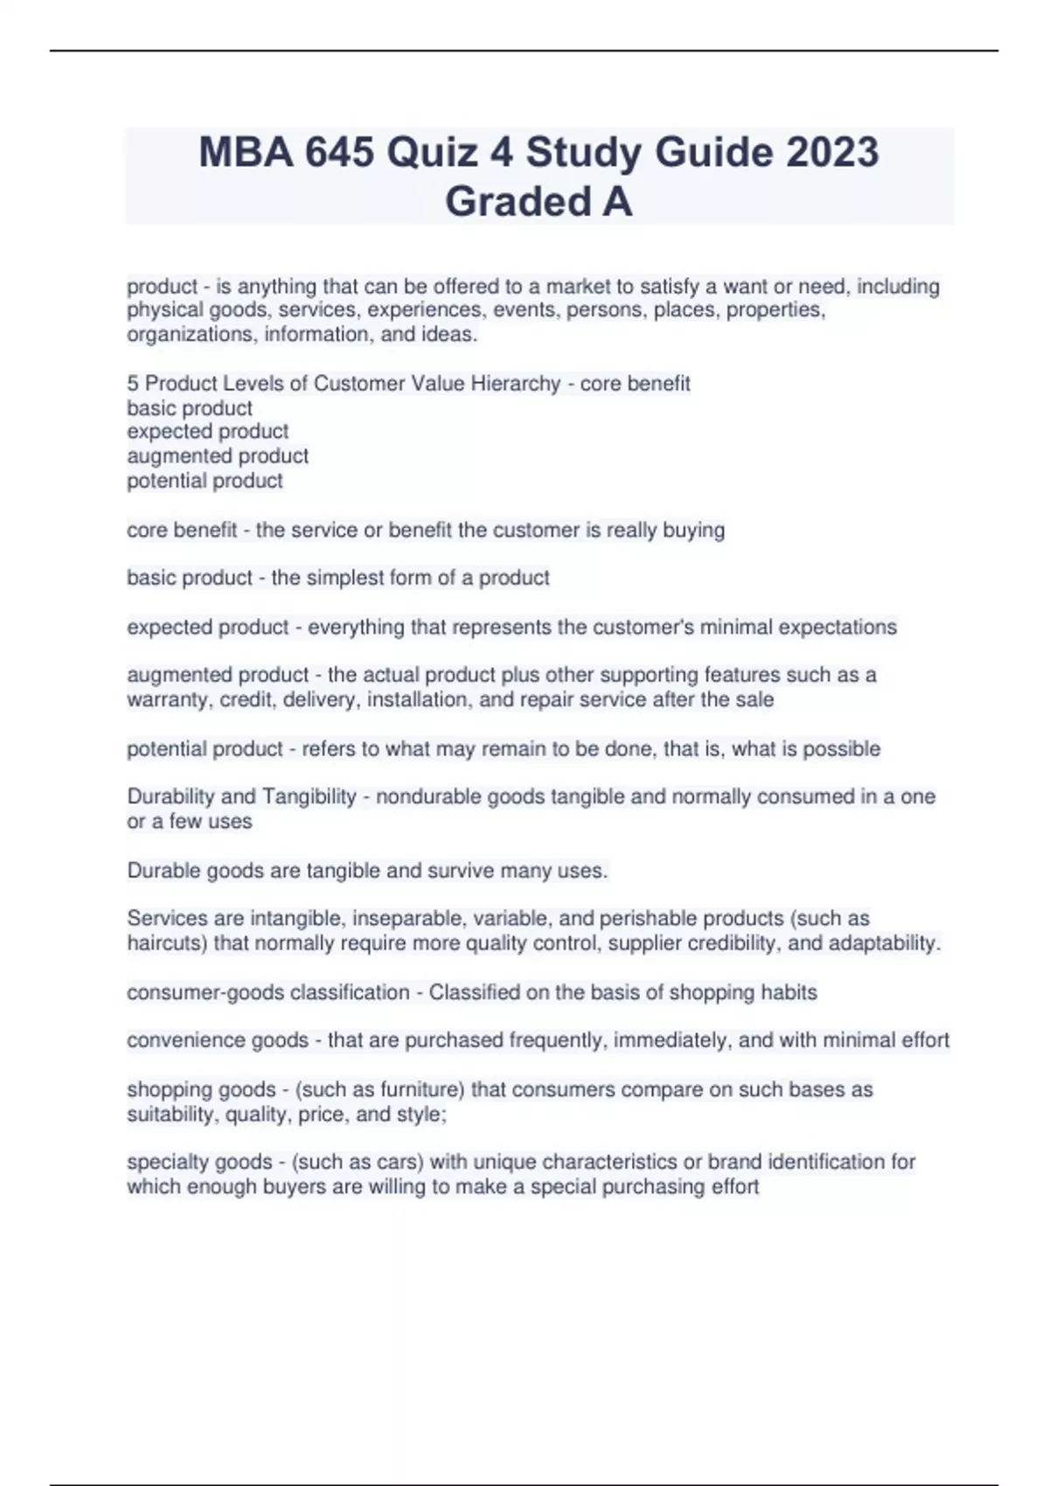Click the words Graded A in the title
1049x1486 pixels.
(538, 202)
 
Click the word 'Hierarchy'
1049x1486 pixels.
(517, 384)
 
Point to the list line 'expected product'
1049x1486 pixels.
(207, 432)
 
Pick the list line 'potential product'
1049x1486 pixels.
(205, 481)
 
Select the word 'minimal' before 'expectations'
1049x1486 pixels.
(736, 628)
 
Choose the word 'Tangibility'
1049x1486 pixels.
(309, 797)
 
